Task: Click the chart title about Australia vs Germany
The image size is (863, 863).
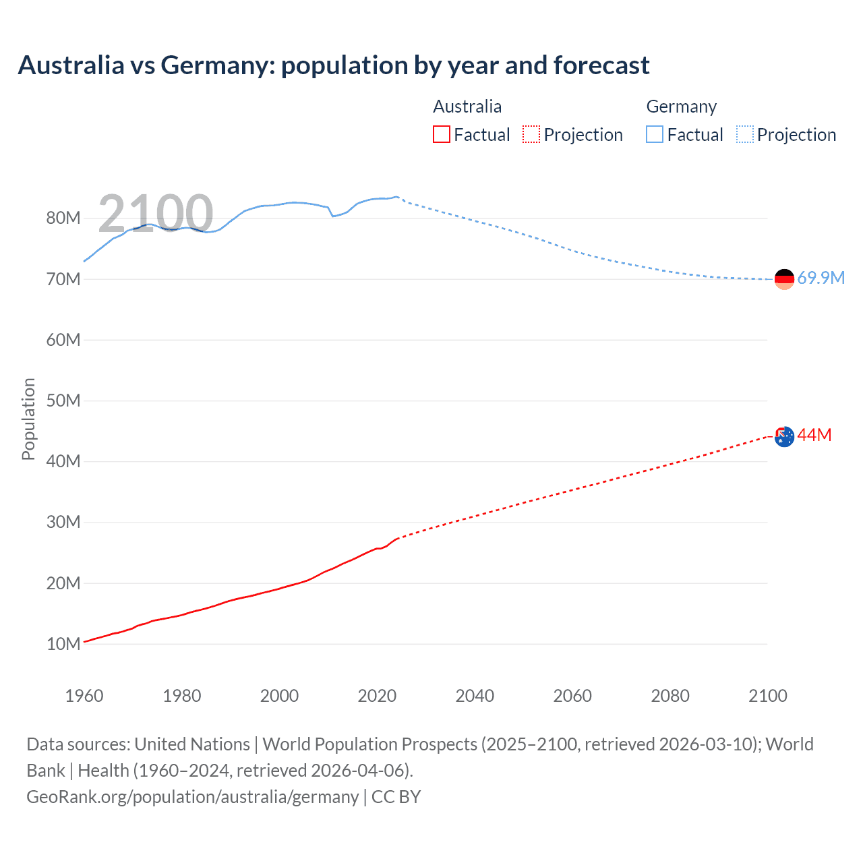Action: click(334, 65)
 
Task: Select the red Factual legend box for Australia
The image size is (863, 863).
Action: click(441, 134)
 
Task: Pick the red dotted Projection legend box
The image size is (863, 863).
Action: click(531, 134)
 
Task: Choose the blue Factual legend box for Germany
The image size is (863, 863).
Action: click(655, 134)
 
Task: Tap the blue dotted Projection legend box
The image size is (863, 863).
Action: click(745, 134)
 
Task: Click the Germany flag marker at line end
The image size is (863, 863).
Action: click(784, 278)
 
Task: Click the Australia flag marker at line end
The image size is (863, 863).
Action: click(784, 436)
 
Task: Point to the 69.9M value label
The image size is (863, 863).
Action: click(821, 278)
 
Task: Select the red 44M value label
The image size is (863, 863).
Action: click(814, 435)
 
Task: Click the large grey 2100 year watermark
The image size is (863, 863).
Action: click(156, 213)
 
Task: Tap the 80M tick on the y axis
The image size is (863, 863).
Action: click(63, 218)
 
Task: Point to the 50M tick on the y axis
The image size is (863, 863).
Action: click(63, 400)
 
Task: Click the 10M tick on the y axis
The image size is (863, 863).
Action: click(63, 644)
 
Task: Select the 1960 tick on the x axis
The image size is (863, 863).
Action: click(84, 696)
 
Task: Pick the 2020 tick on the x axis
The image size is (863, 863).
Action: click(377, 696)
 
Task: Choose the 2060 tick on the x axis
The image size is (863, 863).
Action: click(572, 696)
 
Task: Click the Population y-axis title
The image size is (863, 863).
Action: click(28, 419)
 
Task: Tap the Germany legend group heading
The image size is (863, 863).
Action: click(681, 107)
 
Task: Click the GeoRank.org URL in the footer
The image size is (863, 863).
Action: click(192, 796)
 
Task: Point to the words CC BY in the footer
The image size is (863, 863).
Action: click(396, 796)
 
